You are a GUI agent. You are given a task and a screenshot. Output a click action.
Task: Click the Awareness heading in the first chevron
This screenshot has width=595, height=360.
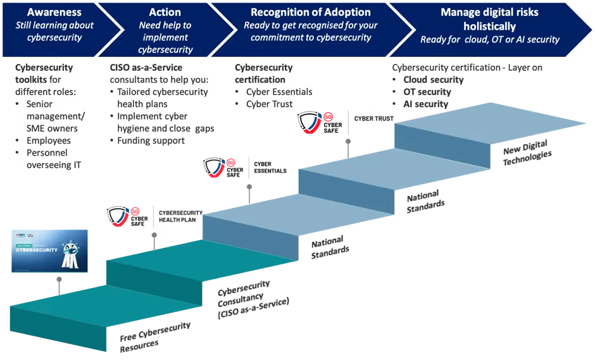point(54,13)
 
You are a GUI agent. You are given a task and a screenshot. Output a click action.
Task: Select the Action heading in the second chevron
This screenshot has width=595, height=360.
point(165,13)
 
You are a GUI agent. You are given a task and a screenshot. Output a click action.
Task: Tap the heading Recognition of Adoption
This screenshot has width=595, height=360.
point(310,13)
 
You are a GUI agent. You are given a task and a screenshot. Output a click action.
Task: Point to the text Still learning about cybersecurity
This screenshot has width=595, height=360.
point(54,31)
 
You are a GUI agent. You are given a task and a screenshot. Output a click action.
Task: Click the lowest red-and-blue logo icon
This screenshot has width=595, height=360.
point(125,215)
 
